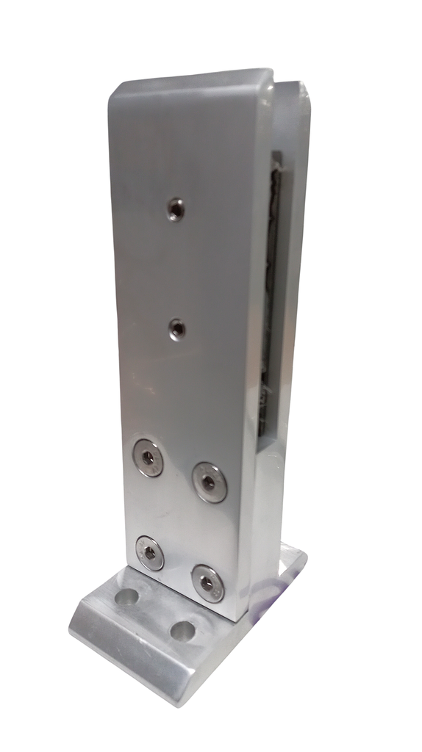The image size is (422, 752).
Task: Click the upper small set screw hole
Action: (x=175, y=210)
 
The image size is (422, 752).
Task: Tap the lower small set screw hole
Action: (x=177, y=330)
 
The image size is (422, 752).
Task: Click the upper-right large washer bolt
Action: (x=210, y=482)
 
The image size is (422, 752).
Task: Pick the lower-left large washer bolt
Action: (x=150, y=552)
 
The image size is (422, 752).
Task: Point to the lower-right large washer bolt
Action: (x=207, y=584)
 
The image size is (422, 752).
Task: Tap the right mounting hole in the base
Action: (x=182, y=631)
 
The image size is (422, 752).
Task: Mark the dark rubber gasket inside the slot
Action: (x=273, y=294)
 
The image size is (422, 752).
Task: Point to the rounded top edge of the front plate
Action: (x=191, y=78)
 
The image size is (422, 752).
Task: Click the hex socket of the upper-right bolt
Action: (x=210, y=482)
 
